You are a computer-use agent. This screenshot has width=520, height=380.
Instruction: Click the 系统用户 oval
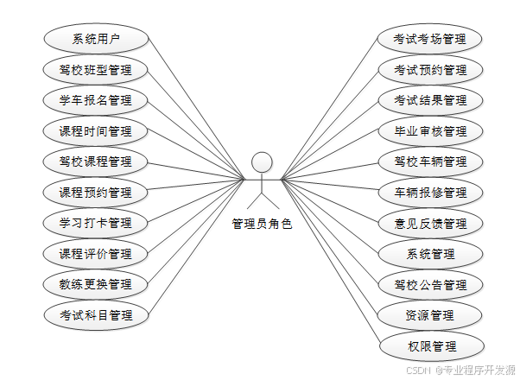coord(96,39)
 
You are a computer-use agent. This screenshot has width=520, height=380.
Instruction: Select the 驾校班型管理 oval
coord(96,70)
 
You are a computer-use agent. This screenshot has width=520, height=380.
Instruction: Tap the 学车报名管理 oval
coord(96,100)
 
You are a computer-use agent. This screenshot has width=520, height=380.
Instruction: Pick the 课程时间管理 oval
coord(96,131)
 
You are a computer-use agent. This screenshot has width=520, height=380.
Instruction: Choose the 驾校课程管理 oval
coord(96,161)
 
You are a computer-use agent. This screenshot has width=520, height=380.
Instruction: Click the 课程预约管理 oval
coord(96,193)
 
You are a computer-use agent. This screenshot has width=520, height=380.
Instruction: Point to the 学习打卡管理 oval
coord(96,223)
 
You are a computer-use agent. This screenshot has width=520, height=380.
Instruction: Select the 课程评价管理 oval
coord(96,254)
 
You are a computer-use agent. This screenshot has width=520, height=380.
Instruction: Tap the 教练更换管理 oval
coord(96,284)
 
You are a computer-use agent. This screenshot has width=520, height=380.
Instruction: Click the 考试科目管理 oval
coord(96,315)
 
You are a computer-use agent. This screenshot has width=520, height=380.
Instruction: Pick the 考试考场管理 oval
coord(430,39)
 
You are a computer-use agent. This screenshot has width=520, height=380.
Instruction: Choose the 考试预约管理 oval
coord(430,70)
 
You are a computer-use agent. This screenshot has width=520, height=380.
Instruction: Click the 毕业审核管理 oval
coord(430,131)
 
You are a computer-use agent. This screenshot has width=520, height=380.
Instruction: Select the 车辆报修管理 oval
coord(430,193)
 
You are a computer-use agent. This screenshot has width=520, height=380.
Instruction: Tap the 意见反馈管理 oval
coord(430,223)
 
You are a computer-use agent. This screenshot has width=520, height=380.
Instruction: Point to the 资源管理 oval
coord(430,315)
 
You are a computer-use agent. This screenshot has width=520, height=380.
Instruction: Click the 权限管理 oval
coord(430,346)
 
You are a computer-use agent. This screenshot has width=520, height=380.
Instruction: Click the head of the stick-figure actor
coord(262,162)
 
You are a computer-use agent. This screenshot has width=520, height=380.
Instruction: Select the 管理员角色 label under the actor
coord(262,224)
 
